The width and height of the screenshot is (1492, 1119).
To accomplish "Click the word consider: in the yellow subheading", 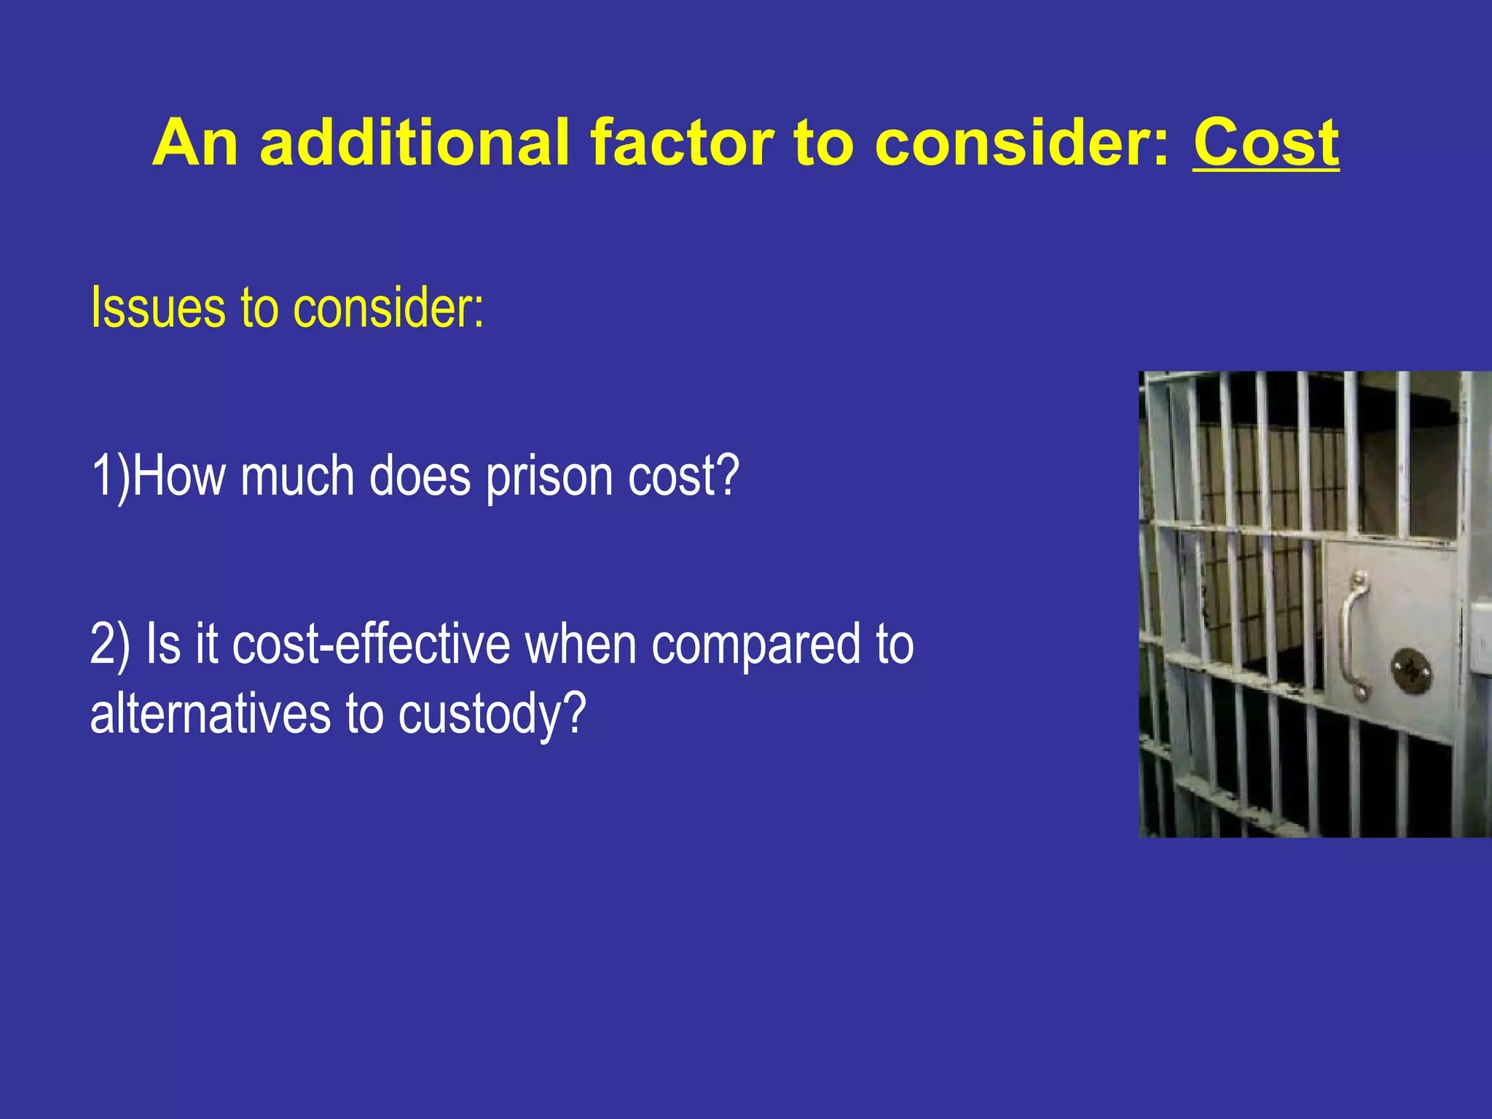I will click(x=388, y=309).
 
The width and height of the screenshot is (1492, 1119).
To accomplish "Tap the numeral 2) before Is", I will click(x=110, y=645).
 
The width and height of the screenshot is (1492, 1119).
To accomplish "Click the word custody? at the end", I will click(x=492, y=714).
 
